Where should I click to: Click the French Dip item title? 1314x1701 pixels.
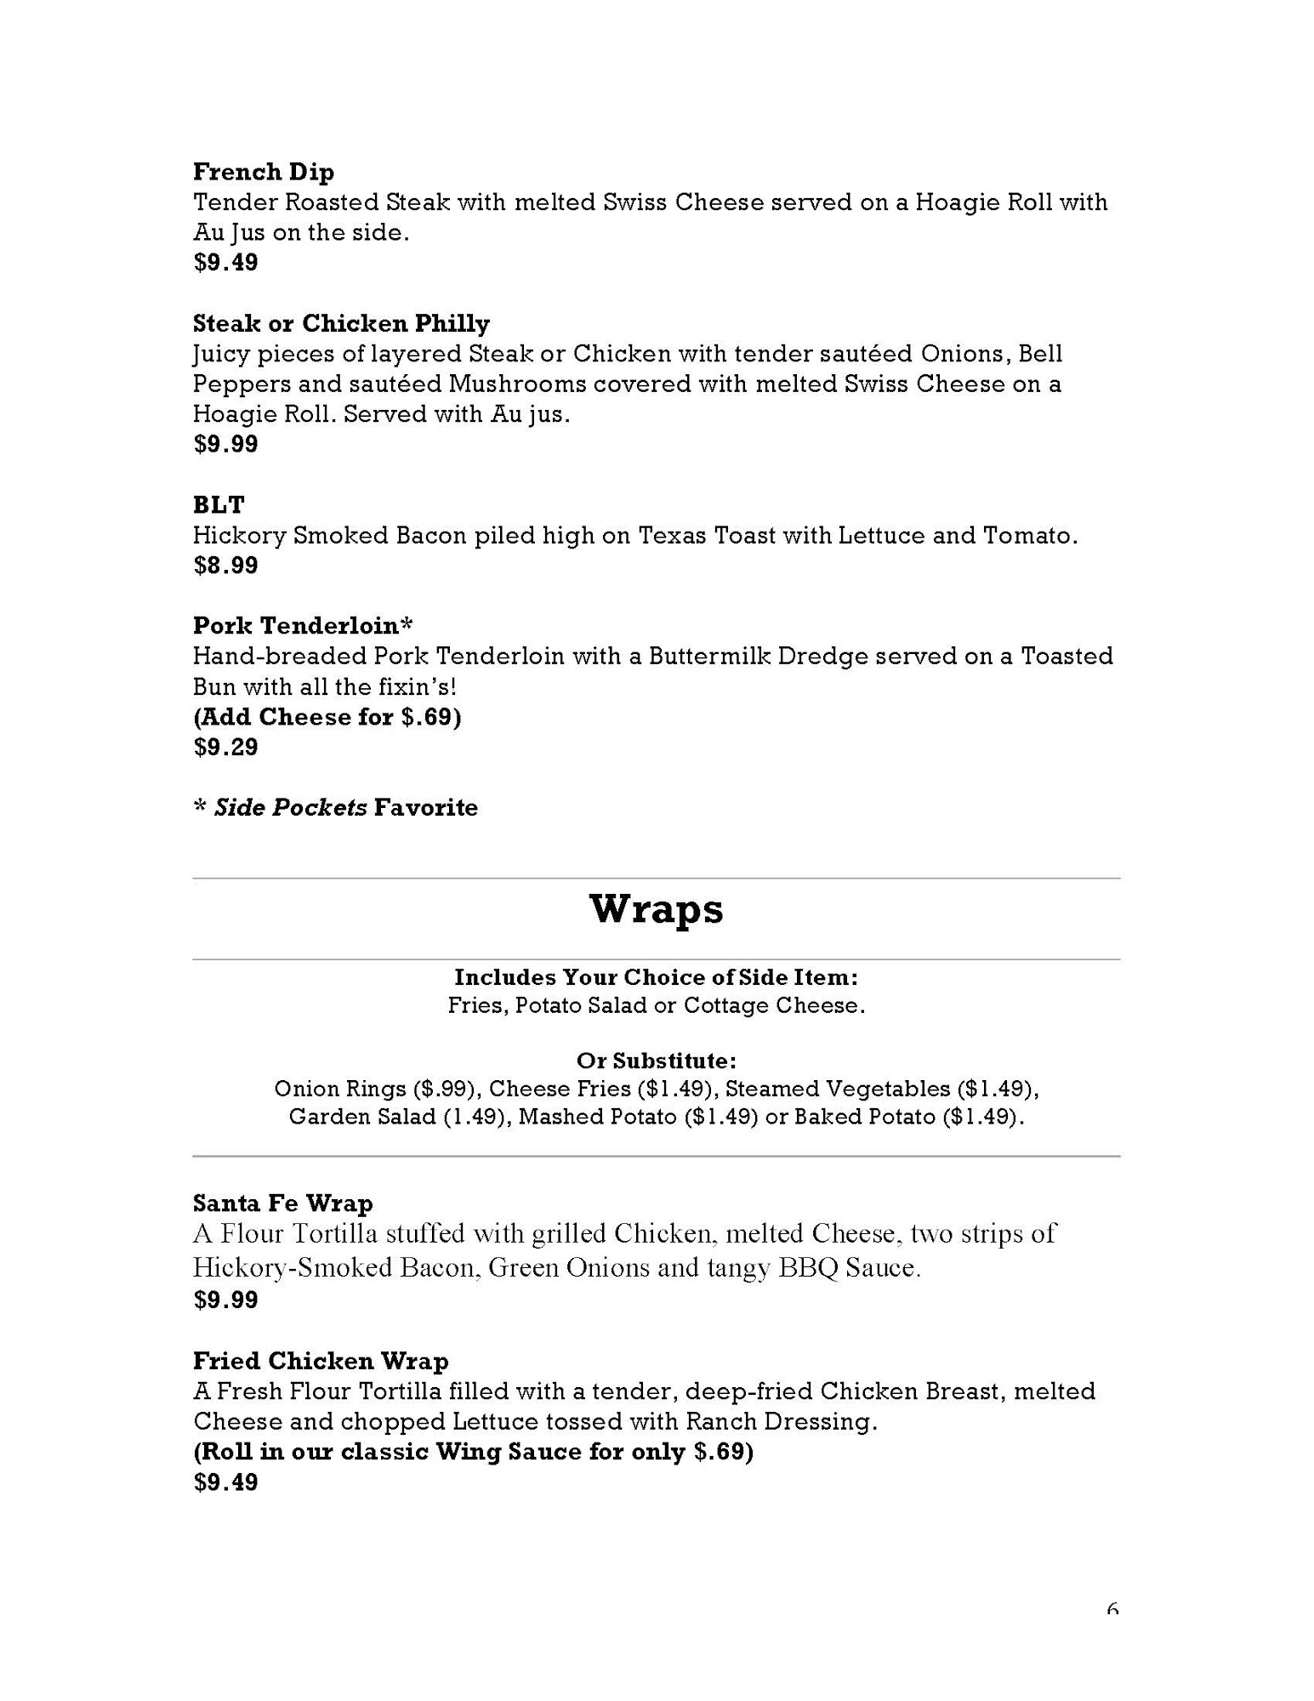point(263,172)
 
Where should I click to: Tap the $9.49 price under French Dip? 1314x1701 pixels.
point(225,262)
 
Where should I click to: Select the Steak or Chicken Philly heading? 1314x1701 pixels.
point(341,323)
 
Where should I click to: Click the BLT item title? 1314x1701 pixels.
point(219,505)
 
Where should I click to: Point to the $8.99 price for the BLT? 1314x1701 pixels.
point(225,566)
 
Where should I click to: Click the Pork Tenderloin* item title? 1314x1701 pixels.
point(303,626)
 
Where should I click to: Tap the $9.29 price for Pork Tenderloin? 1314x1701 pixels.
point(225,748)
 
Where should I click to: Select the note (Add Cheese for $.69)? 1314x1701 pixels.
point(327,717)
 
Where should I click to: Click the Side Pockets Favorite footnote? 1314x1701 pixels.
point(336,807)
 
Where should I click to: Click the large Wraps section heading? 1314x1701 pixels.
point(656,909)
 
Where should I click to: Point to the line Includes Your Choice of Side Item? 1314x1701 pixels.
point(656,976)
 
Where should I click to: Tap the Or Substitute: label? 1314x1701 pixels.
point(656,1061)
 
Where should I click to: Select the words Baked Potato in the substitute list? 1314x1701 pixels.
point(864,1117)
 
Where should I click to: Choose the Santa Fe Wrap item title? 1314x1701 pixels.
point(282,1203)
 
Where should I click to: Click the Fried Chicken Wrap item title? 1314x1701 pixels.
point(321,1361)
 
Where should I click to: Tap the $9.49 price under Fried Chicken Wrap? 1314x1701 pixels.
point(225,1482)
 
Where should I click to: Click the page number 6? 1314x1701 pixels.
point(1112,1607)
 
